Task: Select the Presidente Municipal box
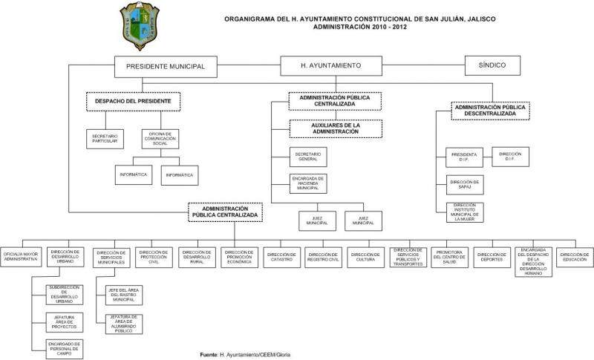coord(166,66)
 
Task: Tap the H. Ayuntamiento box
coord(331,66)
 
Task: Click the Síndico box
coord(491,65)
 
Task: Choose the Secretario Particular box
coord(103,138)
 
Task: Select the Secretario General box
coord(309,157)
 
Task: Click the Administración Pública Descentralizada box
coord(489,110)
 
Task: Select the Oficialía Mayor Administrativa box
coord(22,256)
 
